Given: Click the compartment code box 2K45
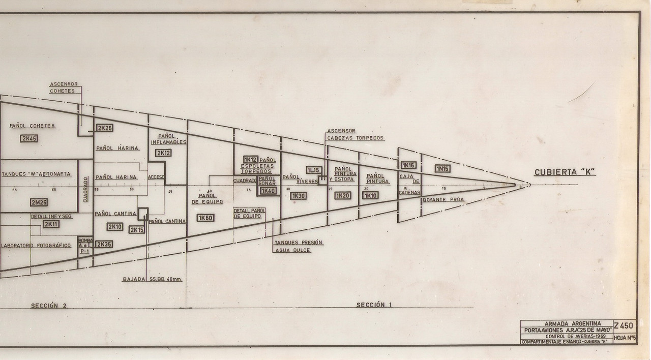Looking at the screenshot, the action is pyautogui.click(x=29, y=138).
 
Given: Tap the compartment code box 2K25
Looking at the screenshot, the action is pyautogui.click(x=104, y=128).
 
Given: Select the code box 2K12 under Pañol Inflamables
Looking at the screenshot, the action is pyautogui.click(x=163, y=153).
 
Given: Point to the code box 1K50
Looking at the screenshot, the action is pyautogui.click(x=205, y=218).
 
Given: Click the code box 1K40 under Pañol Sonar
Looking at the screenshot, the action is pyautogui.click(x=268, y=191).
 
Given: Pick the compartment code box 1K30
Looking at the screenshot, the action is pyautogui.click(x=299, y=196).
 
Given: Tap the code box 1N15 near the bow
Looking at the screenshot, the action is pyautogui.click(x=442, y=168).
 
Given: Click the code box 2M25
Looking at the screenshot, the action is pyautogui.click(x=39, y=202).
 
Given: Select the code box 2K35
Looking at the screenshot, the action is pyautogui.click(x=104, y=244).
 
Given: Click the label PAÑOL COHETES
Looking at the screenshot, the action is pyautogui.click(x=32, y=126).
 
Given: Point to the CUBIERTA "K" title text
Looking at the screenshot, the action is pyautogui.click(x=565, y=172).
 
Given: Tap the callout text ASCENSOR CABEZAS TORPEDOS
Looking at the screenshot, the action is pyautogui.click(x=356, y=134).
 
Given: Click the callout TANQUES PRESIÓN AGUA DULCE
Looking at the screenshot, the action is pyautogui.click(x=298, y=246).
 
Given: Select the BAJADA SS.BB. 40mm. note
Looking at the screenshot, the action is pyautogui.click(x=152, y=279).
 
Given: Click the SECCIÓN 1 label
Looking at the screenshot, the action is pyautogui.click(x=374, y=305).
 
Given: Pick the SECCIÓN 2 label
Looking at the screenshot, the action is pyautogui.click(x=49, y=306).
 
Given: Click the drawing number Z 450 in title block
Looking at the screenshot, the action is pyautogui.click(x=624, y=326).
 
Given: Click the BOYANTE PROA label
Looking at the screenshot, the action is pyautogui.click(x=443, y=200).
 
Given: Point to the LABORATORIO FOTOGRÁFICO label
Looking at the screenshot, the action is pyautogui.click(x=37, y=245).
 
